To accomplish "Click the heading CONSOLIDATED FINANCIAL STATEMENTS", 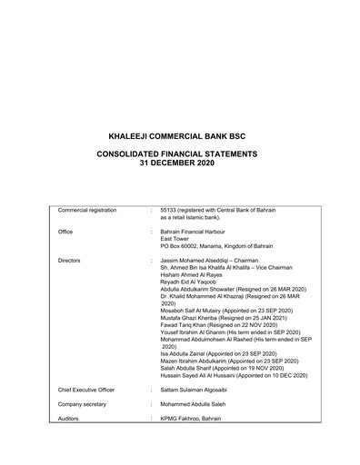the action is point(179,154).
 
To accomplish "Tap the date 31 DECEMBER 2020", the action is point(179,163).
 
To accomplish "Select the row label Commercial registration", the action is point(87,210).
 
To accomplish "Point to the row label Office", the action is point(65,231).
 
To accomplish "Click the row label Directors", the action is point(69,260).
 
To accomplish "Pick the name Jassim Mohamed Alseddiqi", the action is point(198,260).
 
